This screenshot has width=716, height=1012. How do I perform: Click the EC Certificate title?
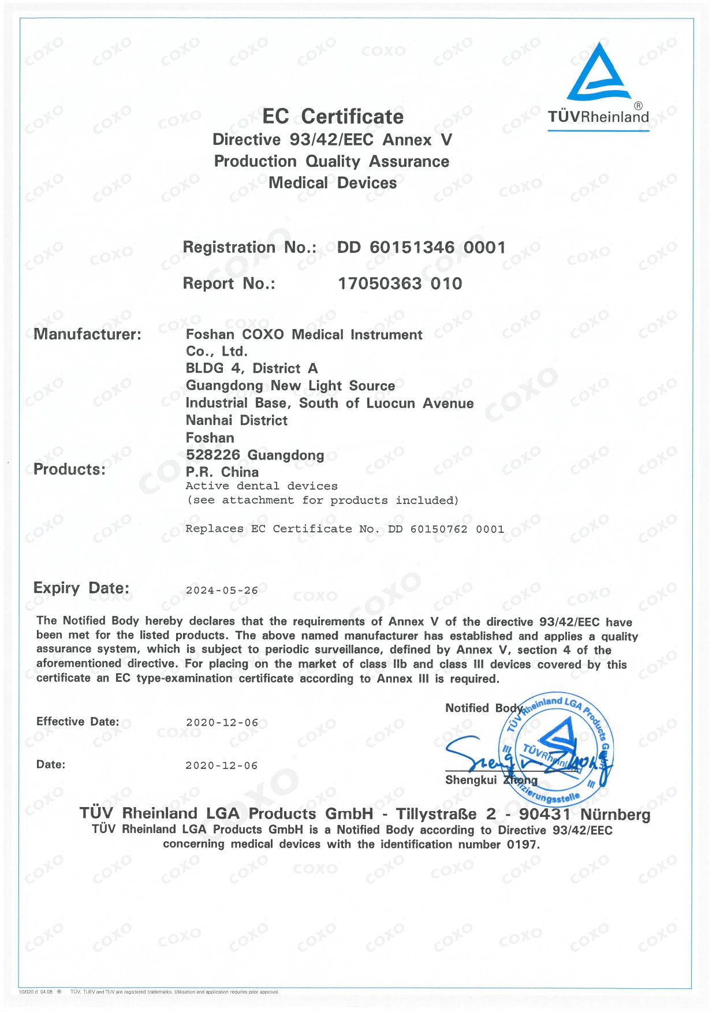(x=333, y=117)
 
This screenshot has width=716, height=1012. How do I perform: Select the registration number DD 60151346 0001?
(x=421, y=248)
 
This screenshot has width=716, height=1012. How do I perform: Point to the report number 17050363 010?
(x=400, y=283)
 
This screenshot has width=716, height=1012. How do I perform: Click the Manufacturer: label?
(x=87, y=334)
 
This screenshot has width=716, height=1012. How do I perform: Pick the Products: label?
(x=70, y=469)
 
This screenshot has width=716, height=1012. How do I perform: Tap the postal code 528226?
(x=213, y=455)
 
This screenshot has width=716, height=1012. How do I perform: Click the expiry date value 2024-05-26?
(x=222, y=591)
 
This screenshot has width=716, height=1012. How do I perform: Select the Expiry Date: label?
(x=81, y=588)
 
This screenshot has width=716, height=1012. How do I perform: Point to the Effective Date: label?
(x=78, y=722)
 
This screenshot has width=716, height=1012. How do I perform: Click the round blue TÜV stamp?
(x=555, y=748)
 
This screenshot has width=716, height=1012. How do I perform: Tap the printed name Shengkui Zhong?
(x=491, y=781)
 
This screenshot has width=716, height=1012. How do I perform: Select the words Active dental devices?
(x=262, y=486)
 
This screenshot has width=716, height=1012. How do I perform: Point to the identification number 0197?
(x=522, y=845)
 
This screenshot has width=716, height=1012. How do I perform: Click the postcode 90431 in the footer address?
(x=545, y=815)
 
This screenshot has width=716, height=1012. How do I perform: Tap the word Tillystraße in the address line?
(x=437, y=815)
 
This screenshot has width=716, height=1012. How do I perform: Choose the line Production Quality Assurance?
(x=331, y=162)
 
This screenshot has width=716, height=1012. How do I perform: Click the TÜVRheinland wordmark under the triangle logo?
(x=598, y=117)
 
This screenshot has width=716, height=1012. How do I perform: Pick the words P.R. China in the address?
(x=222, y=472)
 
